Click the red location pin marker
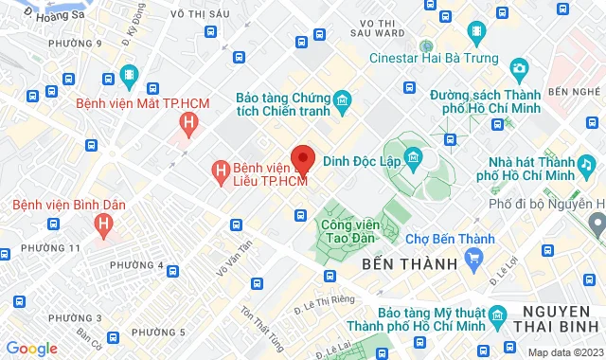(x=302, y=158)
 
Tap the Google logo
(x=32, y=349)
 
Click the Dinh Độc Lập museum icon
(x=414, y=157)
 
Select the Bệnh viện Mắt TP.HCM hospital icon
(x=191, y=122)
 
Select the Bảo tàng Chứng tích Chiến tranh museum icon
(x=342, y=99)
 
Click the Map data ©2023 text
(x=564, y=352)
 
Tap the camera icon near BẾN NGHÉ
(x=519, y=68)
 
